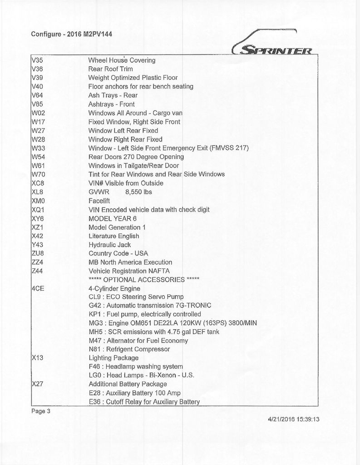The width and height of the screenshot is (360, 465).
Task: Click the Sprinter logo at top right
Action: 271,45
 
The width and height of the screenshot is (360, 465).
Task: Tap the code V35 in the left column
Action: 38,60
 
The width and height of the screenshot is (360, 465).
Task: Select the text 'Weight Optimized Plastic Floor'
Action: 133,78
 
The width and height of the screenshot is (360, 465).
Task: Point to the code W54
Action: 39,157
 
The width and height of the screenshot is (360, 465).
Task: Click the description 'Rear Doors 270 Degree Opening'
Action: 136,157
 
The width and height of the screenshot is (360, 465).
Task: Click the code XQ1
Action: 38,210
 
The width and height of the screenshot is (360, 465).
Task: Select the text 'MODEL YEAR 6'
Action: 109,218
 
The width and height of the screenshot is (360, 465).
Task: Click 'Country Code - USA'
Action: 118,253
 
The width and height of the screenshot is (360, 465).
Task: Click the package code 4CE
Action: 38,288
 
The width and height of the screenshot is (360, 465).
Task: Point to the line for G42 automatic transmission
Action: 150,306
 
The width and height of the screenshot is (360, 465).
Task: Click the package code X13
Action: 38,358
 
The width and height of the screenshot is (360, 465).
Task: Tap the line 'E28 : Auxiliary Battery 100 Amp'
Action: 134,393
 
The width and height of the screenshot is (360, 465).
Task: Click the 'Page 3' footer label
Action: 41,411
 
